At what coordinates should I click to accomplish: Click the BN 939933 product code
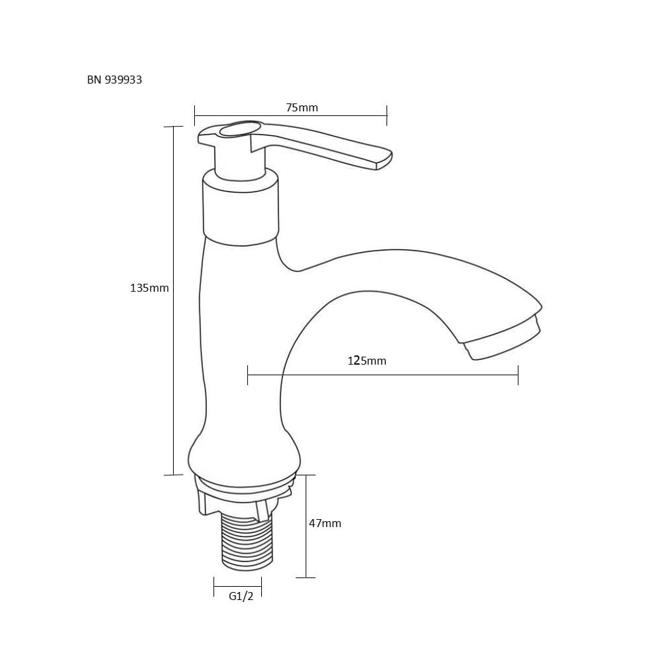114,80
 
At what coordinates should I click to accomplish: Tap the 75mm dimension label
302,107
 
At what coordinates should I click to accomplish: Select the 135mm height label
149,288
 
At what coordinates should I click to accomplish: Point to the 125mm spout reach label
367,361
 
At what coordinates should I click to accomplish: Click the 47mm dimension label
325,523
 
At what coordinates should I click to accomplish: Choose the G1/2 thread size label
241,596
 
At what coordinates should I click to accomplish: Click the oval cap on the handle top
239,129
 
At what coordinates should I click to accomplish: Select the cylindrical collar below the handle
241,207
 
